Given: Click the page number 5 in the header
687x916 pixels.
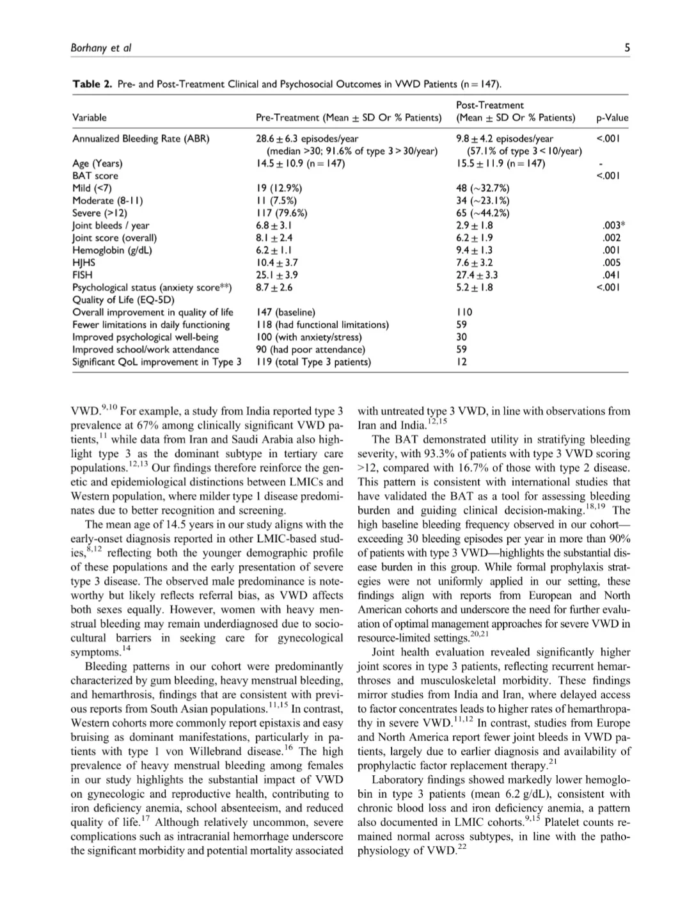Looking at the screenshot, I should [x=627, y=47].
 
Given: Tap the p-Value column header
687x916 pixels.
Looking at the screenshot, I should [x=612, y=118].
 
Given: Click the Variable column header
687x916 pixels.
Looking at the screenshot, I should [x=90, y=118].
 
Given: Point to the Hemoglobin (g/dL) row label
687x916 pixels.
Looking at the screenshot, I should [x=112, y=250].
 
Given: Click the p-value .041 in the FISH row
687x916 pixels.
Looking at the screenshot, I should [x=612, y=275].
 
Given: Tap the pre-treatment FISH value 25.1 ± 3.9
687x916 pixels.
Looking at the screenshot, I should [x=277, y=275].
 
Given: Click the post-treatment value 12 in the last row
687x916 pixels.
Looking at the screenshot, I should [x=462, y=362].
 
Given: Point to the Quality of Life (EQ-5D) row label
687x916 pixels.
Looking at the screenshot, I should [x=123, y=300].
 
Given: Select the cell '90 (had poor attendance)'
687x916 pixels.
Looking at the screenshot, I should [x=310, y=350].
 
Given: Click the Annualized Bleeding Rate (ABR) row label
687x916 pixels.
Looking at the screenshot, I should [x=141, y=139].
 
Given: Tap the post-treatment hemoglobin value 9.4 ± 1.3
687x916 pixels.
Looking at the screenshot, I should [x=475, y=250].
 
